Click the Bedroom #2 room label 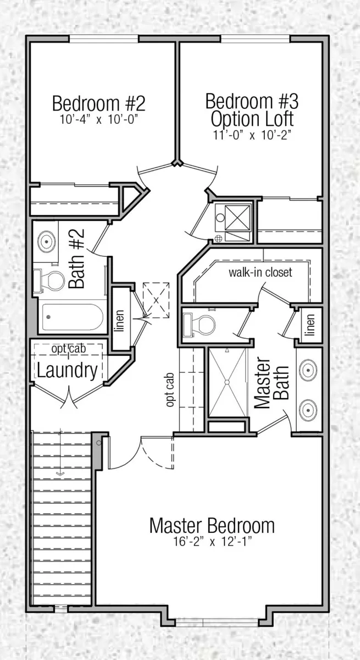tap(99, 103)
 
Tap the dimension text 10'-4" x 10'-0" tap(99, 120)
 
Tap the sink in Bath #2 tap(47, 241)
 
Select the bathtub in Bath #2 tap(73, 317)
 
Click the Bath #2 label tap(76, 258)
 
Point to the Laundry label tap(68, 370)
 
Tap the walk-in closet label tap(261, 272)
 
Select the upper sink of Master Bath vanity tap(308, 370)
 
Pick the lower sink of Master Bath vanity tap(308, 410)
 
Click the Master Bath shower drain tap(227, 382)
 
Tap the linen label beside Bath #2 tap(120, 321)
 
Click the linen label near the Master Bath tap(311, 324)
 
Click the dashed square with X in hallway tap(156, 300)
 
